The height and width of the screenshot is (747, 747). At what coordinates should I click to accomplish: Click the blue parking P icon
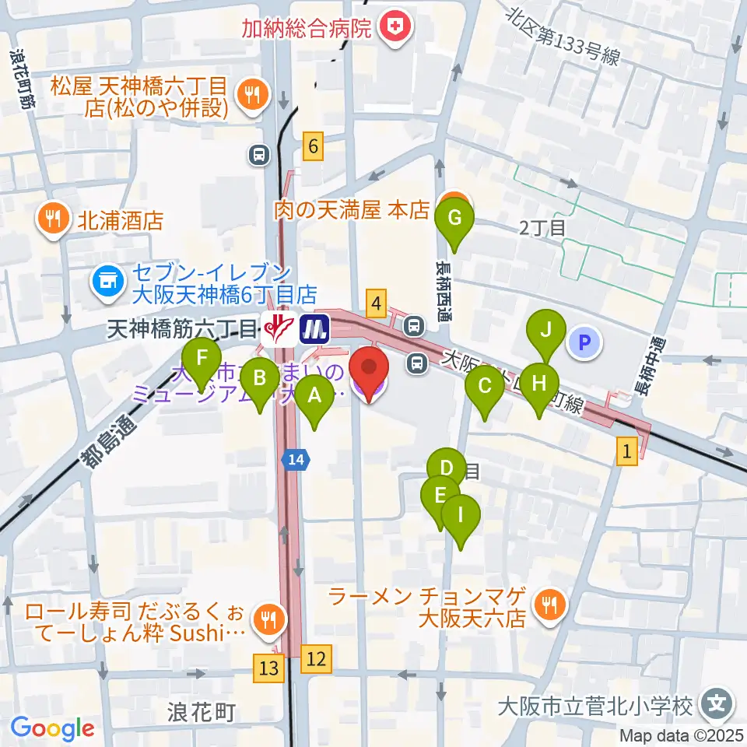tap(585, 342)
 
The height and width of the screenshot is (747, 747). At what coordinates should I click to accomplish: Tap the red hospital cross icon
tap(397, 30)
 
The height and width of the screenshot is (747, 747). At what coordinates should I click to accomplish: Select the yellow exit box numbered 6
tap(313, 146)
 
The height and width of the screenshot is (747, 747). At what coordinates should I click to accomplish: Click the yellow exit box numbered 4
tap(377, 302)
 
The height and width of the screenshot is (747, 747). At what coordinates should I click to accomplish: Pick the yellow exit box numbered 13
tap(268, 667)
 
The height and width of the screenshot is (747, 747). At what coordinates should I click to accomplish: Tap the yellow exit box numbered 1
tap(628, 449)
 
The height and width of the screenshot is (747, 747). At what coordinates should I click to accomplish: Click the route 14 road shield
tap(296, 460)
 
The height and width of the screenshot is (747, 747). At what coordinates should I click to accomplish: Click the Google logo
tap(53, 728)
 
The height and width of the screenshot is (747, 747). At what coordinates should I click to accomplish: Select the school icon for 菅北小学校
tap(714, 705)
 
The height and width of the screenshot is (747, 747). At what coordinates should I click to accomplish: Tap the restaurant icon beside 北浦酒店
tap(54, 219)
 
